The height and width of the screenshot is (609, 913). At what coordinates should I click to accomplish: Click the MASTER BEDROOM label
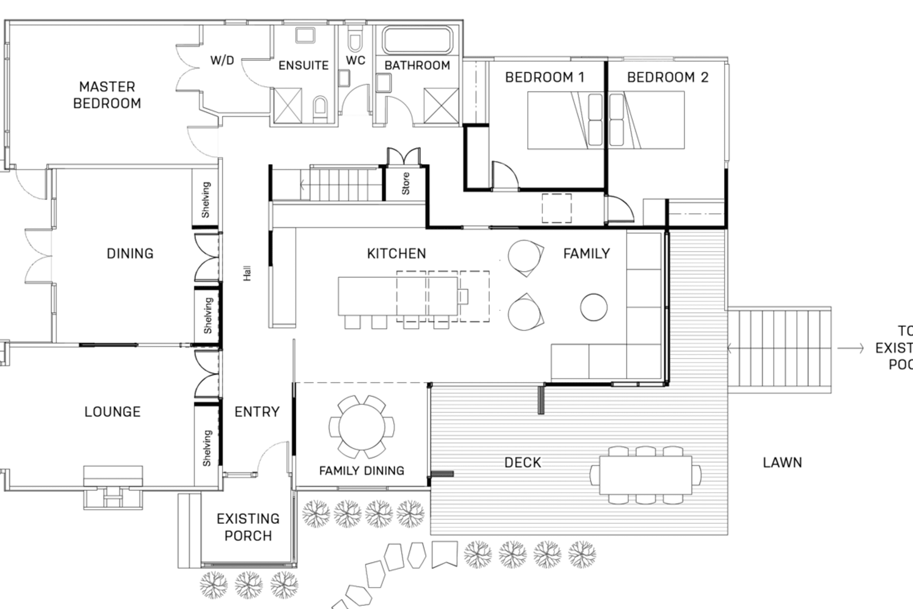107,95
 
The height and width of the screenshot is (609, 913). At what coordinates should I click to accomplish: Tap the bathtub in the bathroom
418,40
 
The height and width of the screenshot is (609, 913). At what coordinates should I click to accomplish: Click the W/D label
222,60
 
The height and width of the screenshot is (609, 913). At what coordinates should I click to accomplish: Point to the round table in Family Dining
362,427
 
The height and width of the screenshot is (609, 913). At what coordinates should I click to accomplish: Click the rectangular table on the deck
645,475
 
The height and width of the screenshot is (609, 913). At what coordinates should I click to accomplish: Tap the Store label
405,184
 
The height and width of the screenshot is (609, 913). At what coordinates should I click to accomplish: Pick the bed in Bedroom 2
647,120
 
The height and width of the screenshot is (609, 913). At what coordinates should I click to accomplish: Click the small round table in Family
593,307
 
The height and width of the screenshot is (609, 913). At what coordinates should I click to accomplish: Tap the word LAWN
782,462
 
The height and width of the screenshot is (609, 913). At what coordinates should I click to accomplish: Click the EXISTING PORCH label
248,527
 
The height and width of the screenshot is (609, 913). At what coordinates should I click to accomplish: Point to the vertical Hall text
247,274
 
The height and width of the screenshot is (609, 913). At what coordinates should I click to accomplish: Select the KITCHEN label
396,254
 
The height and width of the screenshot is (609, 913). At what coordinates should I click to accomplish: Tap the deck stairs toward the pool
780,349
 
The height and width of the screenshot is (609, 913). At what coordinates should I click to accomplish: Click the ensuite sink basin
305,36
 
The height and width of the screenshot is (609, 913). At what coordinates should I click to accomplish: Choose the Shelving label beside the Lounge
207,448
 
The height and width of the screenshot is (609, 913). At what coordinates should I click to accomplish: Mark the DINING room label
130,254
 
